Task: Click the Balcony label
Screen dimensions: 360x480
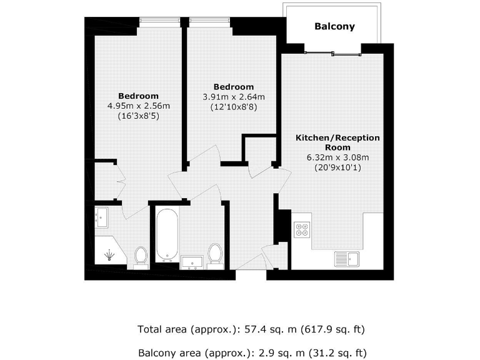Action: (334, 27)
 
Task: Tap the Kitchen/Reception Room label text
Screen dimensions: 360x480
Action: (337, 142)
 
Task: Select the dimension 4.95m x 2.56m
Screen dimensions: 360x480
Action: (139, 106)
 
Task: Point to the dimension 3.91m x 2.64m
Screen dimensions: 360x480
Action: (233, 97)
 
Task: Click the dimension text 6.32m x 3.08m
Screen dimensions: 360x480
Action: (337, 157)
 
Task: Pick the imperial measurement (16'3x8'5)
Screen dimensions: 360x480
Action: (139, 116)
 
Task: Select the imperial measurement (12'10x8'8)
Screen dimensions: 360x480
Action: (233, 107)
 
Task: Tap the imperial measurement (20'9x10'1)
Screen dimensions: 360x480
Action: (337, 167)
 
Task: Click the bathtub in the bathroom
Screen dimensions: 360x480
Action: (167, 236)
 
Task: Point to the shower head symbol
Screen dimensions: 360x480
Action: (110, 255)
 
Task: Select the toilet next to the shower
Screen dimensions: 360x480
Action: (141, 256)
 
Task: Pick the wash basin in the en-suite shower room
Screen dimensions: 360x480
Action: (101, 216)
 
